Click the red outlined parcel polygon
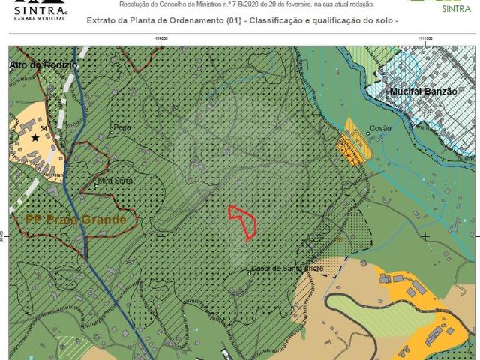243,222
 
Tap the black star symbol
35,138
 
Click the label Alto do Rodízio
43,65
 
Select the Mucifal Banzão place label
423,91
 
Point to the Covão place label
381,129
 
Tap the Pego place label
122,128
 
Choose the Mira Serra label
116,181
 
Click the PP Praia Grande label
76,220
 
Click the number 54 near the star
44,130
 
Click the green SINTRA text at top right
457,10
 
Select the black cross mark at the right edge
426,236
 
